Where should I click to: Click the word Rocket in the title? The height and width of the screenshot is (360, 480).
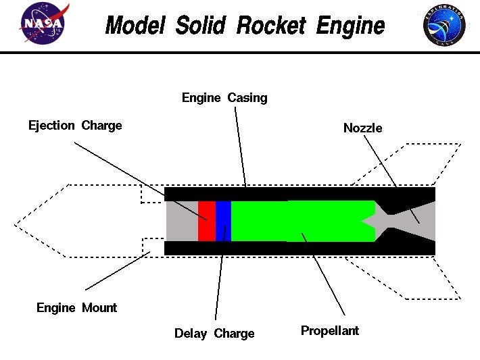(x=270, y=26)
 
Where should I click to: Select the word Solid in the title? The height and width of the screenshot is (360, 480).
(x=202, y=26)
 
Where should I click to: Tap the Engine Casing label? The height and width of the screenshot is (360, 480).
(x=224, y=98)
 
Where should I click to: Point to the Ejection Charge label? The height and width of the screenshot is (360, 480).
(x=75, y=126)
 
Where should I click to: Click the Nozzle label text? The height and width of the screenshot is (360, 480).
(x=362, y=128)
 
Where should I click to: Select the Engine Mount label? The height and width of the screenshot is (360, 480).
(x=76, y=308)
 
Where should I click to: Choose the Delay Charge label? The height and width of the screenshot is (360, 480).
(x=214, y=334)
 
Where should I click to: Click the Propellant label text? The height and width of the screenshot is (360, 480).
(x=330, y=331)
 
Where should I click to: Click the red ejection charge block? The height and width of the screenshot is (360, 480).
(x=206, y=221)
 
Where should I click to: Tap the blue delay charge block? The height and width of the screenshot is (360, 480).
(x=223, y=221)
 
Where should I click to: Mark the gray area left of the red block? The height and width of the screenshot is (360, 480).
(x=182, y=221)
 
